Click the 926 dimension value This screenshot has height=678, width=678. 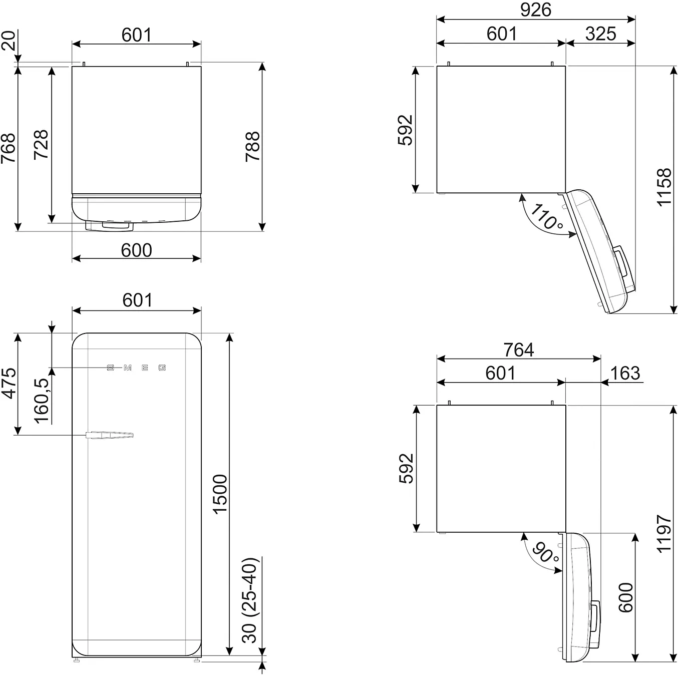point(535,10)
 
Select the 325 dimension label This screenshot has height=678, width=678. point(600,34)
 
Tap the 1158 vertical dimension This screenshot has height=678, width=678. point(664,187)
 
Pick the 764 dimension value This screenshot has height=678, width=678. point(518,350)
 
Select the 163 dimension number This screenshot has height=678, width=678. point(625,373)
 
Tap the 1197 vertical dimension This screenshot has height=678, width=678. point(664,533)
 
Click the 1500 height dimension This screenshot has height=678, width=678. point(220,494)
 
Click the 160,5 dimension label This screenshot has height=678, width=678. point(43,400)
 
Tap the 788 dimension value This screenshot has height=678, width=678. point(253,146)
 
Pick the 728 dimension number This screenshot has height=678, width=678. point(41,145)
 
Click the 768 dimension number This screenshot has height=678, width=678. point(9,148)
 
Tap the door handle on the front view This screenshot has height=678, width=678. point(110,435)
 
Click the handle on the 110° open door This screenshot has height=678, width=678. point(622,262)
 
